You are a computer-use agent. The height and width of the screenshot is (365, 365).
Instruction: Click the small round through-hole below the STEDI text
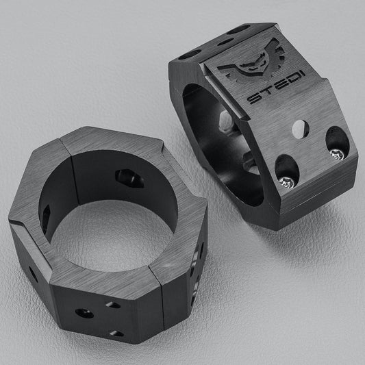(299, 128)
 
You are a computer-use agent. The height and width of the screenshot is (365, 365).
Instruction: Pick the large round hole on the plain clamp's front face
(85, 313)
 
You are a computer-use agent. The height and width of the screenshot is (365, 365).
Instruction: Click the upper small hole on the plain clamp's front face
(112, 304)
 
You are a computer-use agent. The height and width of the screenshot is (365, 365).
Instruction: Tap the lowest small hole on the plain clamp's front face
(117, 333)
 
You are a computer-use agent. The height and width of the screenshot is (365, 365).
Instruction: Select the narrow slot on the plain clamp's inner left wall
(46, 218)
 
